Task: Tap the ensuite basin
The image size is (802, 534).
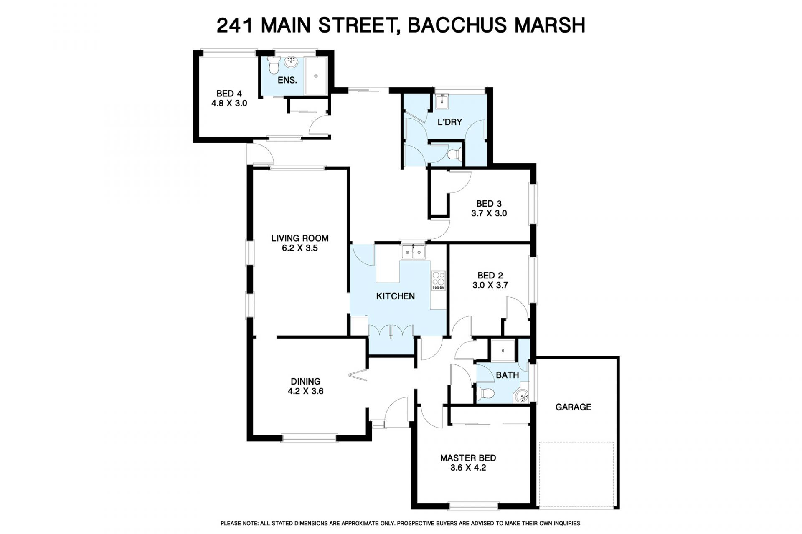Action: point(291,63)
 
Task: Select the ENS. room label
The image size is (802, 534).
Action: point(287,80)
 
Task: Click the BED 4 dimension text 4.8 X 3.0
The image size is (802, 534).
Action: point(229,103)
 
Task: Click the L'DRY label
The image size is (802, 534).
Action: point(449,122)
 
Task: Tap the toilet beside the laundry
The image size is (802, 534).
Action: point(454,154)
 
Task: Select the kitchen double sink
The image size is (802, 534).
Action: point(413,252)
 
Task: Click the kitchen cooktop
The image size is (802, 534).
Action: point(438,281)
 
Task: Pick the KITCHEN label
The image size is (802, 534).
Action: point(396,296)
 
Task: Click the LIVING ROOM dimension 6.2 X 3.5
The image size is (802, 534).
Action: point(300,248)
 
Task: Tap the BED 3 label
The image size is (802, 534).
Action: point(489,204)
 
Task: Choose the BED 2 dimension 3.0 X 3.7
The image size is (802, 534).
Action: point(490,285)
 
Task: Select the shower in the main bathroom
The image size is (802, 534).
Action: point(503,350)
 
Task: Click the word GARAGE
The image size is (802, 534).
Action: point(573,407)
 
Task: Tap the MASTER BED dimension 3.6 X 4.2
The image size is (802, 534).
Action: point(468,468)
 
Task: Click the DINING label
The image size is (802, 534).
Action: point(306,381)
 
